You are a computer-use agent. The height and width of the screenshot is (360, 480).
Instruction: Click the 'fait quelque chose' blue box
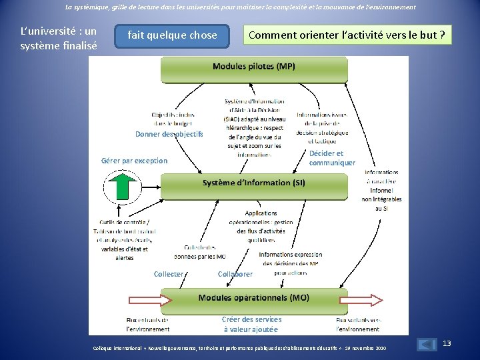coord(172,35)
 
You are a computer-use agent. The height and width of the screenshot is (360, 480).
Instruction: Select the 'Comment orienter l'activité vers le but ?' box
coord(347,35)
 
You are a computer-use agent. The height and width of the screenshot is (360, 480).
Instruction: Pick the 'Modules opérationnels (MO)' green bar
coord(253,298)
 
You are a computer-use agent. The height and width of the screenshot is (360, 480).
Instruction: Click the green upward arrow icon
coord(122,185)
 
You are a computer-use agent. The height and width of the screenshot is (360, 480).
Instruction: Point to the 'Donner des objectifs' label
coord(169,134)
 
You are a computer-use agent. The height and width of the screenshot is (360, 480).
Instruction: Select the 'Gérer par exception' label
coord(134,161)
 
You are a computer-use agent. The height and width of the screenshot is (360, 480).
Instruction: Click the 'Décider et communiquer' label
coord(331,158)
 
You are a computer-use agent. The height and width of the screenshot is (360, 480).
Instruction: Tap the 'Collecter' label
coord(168,274)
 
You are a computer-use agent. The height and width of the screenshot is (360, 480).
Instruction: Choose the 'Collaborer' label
coord(235,274)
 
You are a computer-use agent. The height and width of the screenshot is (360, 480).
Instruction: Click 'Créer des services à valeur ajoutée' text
coord(251,325)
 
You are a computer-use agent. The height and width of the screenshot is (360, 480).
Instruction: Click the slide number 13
coord(447,343)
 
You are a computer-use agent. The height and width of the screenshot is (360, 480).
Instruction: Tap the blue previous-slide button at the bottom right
coord(426,345)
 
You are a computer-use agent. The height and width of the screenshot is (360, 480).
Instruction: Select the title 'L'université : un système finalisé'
coord(59,39)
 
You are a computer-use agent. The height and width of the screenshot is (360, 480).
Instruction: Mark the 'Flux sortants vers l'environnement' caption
coord(358,325)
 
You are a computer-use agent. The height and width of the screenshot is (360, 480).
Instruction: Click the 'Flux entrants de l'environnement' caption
coord(147,325)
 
